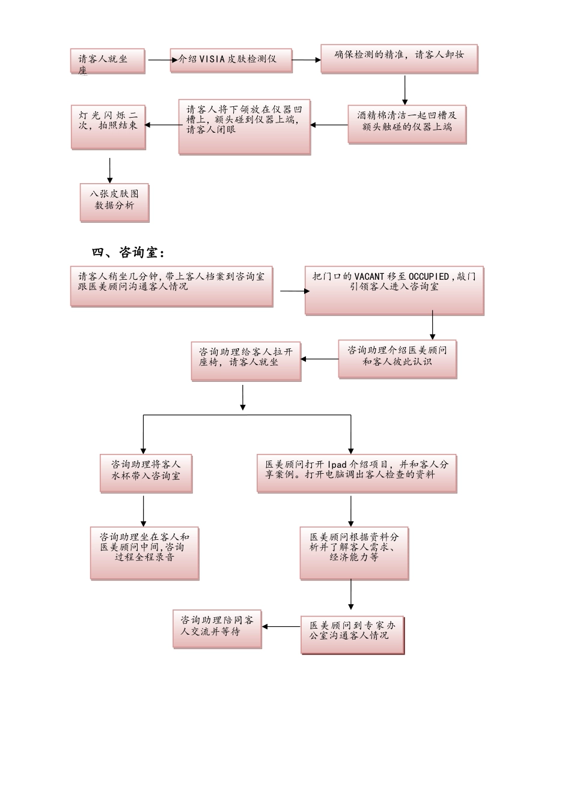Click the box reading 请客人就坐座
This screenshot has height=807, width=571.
click(108, 61)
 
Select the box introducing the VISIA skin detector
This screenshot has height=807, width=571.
click(231, 59)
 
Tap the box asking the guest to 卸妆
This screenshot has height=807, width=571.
click(398, 58)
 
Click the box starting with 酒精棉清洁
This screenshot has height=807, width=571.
click(406, 124)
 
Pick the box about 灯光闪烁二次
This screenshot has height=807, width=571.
click(108, 126)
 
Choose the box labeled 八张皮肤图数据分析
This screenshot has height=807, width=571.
click(114, 202)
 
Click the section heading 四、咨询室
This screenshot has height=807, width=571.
click(128, 253)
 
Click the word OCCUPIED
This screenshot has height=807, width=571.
click(429, 276)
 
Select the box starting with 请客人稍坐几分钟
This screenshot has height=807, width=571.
click(171, 286)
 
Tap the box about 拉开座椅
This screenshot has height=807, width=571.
click(246, 361)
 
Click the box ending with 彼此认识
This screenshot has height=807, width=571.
click(397, 359)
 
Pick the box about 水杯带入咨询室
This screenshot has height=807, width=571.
click(145, 473)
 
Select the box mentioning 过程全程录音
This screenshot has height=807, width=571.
click(144, 554)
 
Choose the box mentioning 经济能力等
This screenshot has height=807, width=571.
click(354, 553)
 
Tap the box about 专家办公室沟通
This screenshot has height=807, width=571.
click(352, 634)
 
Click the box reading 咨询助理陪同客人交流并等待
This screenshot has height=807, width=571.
click(217, 629)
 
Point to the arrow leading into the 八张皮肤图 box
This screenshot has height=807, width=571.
click(110, 170)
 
